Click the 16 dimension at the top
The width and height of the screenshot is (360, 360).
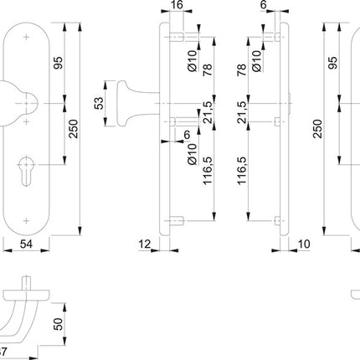point(176,6)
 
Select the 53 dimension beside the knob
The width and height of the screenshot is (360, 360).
point(98,104)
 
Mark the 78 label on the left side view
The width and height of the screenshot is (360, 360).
point(208,73)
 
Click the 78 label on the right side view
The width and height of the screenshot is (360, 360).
point(245,73)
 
